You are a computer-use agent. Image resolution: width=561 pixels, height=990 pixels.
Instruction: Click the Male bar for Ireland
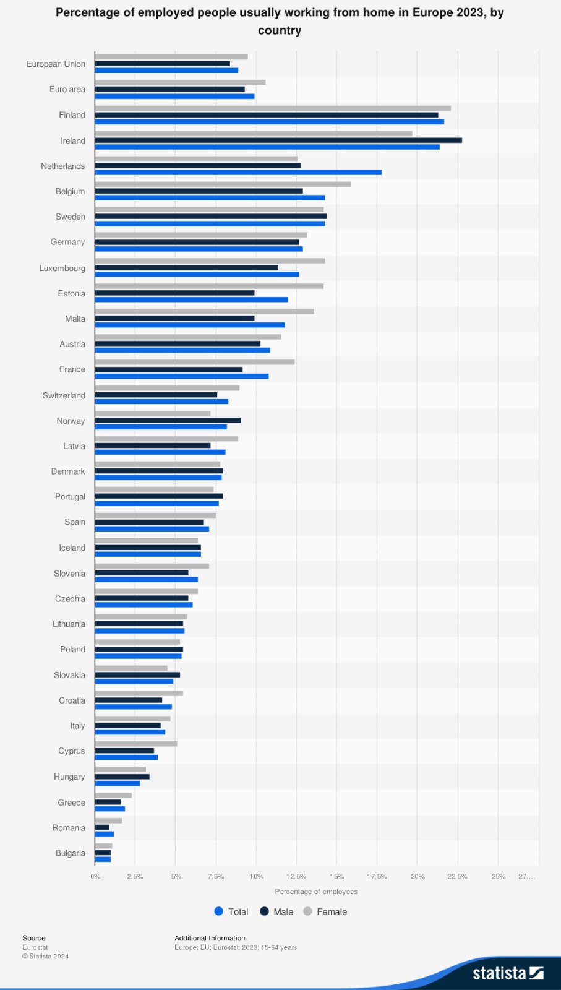pyautogui.click(x=278, y=140)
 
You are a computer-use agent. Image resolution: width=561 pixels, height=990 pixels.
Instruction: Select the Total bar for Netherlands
pyautogui.click(x=238, y=173)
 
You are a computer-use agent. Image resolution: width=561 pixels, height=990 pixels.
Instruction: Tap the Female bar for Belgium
pyautogui.click(x=223, y=184)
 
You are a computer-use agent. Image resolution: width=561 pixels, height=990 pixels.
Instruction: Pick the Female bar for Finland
pyautogui.click(x=273, y=108)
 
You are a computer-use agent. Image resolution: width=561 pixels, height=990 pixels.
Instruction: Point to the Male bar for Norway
pyautogui.click(x=168, y=420)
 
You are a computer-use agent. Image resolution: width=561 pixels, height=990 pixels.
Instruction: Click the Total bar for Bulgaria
pyautogui.click(x=103, y=859)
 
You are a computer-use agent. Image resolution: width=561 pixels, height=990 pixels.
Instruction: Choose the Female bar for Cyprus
pyautogui.click(x=136, y=744)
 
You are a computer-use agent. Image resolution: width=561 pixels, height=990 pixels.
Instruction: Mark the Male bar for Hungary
pyautogui.click(x=122, y=777)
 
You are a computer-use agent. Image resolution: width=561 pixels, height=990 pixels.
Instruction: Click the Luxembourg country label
pyautogui.click(x=62, y=269)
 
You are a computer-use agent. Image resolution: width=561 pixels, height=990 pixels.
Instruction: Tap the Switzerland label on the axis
pyautogui.click(x=64, y=395)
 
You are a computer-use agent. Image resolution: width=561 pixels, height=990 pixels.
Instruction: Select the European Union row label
pyautogui.click(x=56, y=64)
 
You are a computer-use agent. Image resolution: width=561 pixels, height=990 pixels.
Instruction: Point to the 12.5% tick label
pyautogui.click(x=296, y=877)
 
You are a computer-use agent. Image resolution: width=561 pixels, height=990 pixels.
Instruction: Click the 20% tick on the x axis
pyautogui.click(x=418, y=877)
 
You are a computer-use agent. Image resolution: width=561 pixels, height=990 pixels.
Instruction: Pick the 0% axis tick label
pyautogui.click(x=95, y=877)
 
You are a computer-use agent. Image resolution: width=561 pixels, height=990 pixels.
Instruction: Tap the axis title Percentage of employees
pyautogui.click(x=316, y=892)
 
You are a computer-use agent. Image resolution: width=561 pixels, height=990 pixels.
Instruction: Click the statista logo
pyautogui.click(x=508, y=973)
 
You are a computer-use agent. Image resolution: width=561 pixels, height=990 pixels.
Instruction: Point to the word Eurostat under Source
pyautogui.click(x=35, y=947)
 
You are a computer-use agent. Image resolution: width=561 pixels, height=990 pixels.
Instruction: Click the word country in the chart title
pyautogui.click(x=280, y=30)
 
